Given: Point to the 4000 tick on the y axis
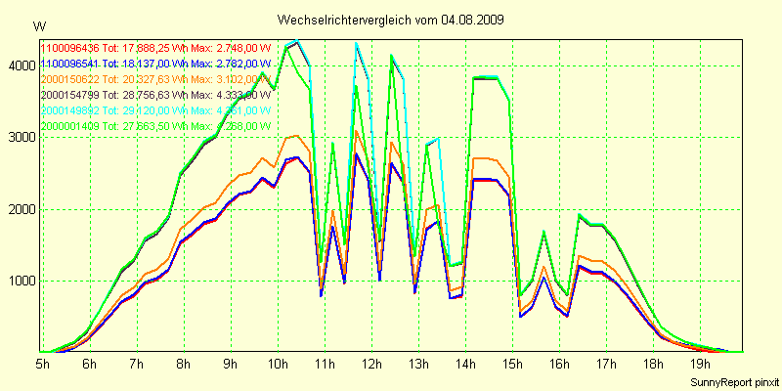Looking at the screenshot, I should (20, 65).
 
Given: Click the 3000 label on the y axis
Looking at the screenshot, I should (20, 138).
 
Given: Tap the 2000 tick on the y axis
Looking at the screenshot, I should (20, 209).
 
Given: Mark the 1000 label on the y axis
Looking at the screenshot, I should (20, 282).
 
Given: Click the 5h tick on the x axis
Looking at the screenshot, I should (42, 364).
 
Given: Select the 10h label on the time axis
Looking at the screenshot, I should (277, 364).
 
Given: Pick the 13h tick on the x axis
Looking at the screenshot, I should (417, 364).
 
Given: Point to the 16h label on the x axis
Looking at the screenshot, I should (558, 364).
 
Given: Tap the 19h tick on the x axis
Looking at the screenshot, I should (699, 364).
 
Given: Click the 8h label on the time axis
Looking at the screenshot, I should (183, 364).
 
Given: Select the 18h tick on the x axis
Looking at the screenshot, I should (652, 364).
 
